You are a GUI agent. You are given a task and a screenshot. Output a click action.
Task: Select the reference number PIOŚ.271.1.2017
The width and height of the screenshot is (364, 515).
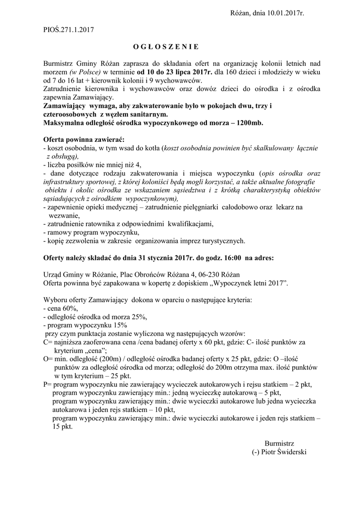(x=69, y=30)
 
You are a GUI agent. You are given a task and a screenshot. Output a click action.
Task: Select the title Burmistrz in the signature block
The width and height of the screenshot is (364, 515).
(x=279, y=444)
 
